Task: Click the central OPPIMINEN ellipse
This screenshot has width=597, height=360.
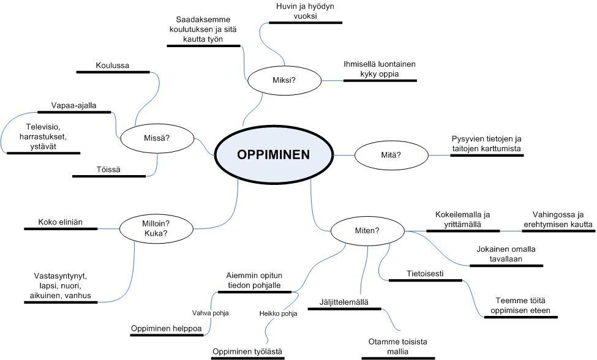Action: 273,155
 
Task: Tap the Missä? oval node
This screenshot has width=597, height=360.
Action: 157,138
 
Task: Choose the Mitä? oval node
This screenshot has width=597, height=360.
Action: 391,155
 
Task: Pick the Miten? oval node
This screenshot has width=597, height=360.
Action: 367,231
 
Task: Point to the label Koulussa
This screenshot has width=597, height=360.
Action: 113,66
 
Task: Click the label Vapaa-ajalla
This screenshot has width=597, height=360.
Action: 74,105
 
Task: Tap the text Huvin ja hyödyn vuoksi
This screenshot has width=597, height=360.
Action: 305,12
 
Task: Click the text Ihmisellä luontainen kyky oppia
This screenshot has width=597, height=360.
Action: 380,69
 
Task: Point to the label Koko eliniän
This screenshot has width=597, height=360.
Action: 60,222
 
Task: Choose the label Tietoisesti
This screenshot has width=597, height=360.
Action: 425,273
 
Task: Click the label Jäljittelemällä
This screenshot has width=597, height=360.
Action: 344,302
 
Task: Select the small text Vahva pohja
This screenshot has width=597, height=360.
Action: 210,313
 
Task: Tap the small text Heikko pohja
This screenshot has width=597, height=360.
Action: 278,314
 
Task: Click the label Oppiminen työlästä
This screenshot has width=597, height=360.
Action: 247,351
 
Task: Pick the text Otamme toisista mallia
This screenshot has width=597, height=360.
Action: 398,347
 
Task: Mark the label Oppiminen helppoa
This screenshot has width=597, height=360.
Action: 167,329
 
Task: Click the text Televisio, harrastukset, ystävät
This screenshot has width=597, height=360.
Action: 42,137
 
